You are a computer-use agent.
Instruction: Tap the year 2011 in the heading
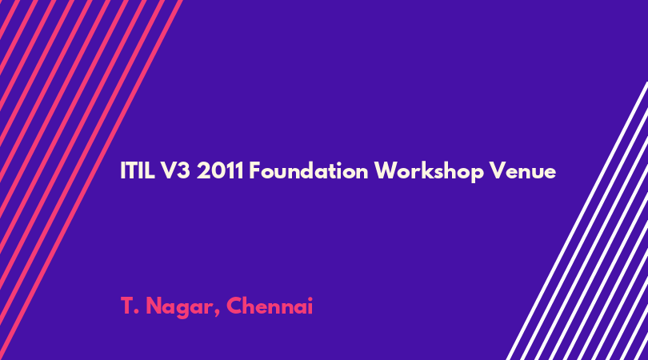click(220, 170)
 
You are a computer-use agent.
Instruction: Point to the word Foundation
click(308, 170)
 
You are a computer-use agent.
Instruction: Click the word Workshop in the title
click(429, 172)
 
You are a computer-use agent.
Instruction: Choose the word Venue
click(522, 170)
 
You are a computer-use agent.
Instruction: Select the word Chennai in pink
click(270, 306)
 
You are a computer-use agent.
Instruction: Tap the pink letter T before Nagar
click(127, 306)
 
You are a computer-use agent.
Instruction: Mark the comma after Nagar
click(217, 314)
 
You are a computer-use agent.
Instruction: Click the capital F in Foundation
click(254, 170)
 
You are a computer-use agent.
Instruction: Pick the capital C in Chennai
click(234, 306)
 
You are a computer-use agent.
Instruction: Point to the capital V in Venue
click(497, 170)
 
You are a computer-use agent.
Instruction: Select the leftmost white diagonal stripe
click(578, 221)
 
